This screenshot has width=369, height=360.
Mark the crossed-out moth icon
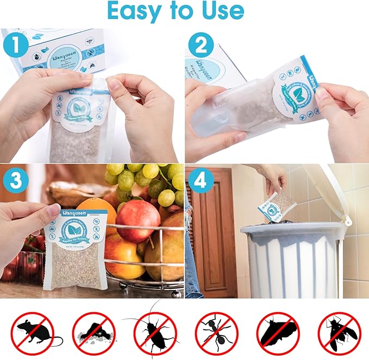[278, 330]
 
